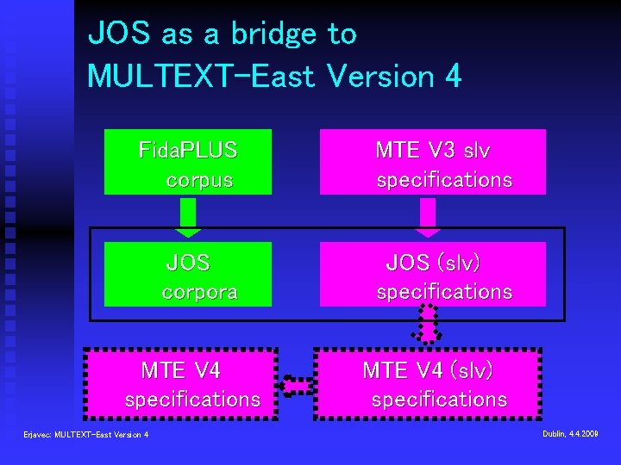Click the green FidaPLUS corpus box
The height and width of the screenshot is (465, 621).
click(x=188, y=162)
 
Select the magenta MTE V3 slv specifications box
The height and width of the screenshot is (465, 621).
click(x=432, y=162)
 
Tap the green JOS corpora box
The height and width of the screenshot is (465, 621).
click(x=188, y=274)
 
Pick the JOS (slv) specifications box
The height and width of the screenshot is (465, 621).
click(x=432, y=274)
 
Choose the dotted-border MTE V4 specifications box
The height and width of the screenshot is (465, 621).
click(x=180, y=384)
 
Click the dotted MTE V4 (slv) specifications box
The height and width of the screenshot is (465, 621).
click(x=428, y=384)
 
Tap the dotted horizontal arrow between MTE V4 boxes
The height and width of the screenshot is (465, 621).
click(x=298, y=385)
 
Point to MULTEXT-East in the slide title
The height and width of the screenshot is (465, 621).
click(x=201, y=76)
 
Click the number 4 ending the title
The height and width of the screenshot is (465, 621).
click(x=452, y=76)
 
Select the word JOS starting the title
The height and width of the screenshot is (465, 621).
click(x=120, y=34)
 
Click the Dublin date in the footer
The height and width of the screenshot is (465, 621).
click(x=570, y=433)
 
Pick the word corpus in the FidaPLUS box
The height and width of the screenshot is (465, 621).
click(x=199, y=180)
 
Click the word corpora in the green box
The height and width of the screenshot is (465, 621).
click(x=199, y=292)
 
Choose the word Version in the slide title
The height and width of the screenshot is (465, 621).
click(x=379, y=76)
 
